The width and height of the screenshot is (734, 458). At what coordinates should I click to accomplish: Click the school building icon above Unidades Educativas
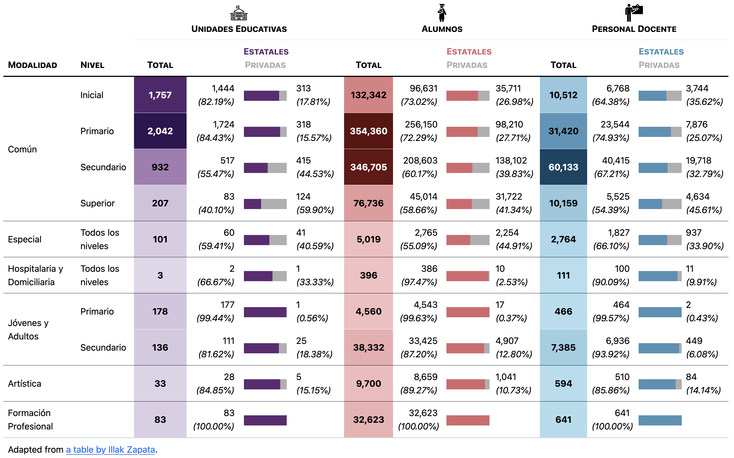click(x=239, y=13)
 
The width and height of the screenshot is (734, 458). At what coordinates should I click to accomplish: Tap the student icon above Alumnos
click(x=442, y=13)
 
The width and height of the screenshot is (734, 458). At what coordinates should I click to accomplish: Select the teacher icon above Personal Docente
click(x=634, y=13)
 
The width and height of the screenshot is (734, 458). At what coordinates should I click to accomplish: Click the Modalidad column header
click(x=32, y=65)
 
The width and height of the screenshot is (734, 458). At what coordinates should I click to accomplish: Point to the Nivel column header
click(x=92, y=65)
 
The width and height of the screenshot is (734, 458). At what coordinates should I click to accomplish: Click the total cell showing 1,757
click(x=160, y=95)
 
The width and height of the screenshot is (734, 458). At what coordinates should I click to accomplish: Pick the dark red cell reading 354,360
click(x=368, y=131)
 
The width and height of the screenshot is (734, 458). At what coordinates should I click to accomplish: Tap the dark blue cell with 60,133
click(x=563, y=167)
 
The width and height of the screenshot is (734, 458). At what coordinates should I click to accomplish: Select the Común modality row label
click(x=22, y=149)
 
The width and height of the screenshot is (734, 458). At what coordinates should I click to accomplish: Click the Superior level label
click(x=97, y=203)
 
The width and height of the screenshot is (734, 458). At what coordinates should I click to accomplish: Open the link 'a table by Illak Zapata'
click(x=110, y=450)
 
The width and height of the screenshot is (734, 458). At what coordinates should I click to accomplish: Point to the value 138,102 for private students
click(x=511, y=160)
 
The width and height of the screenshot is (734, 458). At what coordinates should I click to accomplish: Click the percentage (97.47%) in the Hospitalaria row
click(x=419, y=282)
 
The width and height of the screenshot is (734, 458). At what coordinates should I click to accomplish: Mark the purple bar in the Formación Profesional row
click(x=265, y=420)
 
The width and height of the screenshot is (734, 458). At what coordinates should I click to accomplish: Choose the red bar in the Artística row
click(x=465, y=384)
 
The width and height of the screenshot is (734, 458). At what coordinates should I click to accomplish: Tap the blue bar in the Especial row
click(x=653, y=240)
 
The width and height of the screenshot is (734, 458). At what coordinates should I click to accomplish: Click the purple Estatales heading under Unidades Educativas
click(x=266, y=52)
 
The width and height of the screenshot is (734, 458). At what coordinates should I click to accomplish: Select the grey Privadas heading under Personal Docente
click(x=659, y=65)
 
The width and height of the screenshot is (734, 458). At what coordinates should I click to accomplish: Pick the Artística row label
click(x=25, y=384)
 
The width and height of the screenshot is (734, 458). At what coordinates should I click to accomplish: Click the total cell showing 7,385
click(x=563, y=348)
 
